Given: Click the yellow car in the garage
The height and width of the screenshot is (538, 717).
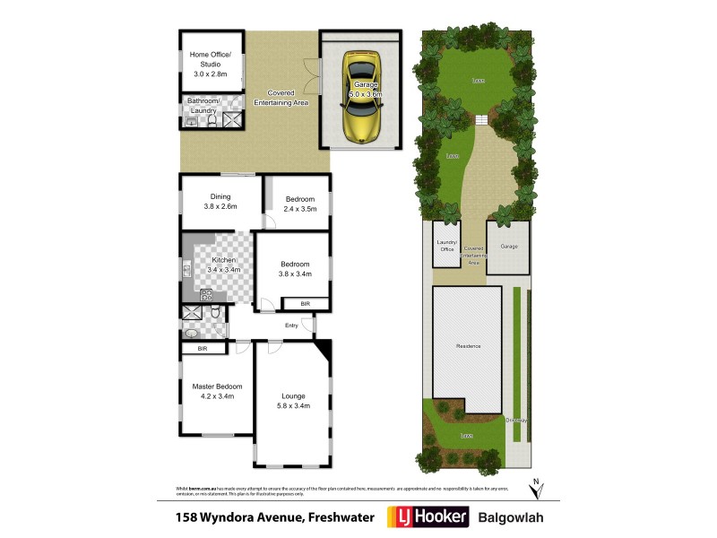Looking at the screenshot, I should click(x=361, y=96).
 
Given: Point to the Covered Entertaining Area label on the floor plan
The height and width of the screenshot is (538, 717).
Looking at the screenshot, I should click(x=281, y=98).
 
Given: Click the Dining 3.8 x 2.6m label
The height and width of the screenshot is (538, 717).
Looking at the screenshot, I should click(x=220, y=201).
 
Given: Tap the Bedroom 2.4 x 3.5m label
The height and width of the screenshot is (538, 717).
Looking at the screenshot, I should click(x=300, y=203).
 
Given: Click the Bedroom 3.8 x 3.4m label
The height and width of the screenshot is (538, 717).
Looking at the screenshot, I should click(x=295, y=268).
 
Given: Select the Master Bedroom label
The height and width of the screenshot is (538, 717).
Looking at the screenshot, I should click(x=212, y=392).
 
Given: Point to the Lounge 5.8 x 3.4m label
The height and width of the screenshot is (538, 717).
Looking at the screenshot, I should click(x=293, y=401).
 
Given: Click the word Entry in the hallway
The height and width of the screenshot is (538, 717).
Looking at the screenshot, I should click(x=291, y=325).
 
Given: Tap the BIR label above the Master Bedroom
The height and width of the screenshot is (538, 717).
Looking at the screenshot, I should click(x=202, y=348).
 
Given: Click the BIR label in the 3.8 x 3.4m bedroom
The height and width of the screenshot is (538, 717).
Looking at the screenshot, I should click(x=305, y=304).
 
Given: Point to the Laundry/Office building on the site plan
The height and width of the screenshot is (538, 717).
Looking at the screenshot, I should click(x=446, y=244).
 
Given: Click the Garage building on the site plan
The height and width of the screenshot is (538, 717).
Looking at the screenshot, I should click(x=509, y=246).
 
